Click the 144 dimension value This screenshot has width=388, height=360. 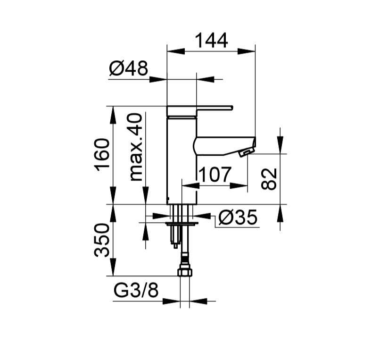pos(211,41)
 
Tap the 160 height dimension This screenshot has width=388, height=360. pos(102,155)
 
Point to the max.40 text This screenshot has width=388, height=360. pos(136,147)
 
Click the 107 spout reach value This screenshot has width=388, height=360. pos(215,174)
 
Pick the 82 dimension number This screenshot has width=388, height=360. pos(269,179)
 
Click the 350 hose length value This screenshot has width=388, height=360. pos(102,240)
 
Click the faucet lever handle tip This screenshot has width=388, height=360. pos(232,107)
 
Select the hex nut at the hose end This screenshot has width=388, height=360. pos(185,272)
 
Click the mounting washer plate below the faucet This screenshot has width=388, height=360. pos(182,224)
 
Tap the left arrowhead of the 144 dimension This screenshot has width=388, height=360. pos(176,51)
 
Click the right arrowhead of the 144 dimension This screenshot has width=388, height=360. pos(246,51)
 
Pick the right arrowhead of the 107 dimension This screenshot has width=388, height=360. pos(239,185)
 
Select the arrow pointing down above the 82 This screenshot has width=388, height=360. pos(280,145)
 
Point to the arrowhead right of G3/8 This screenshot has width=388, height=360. pos(198,301)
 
